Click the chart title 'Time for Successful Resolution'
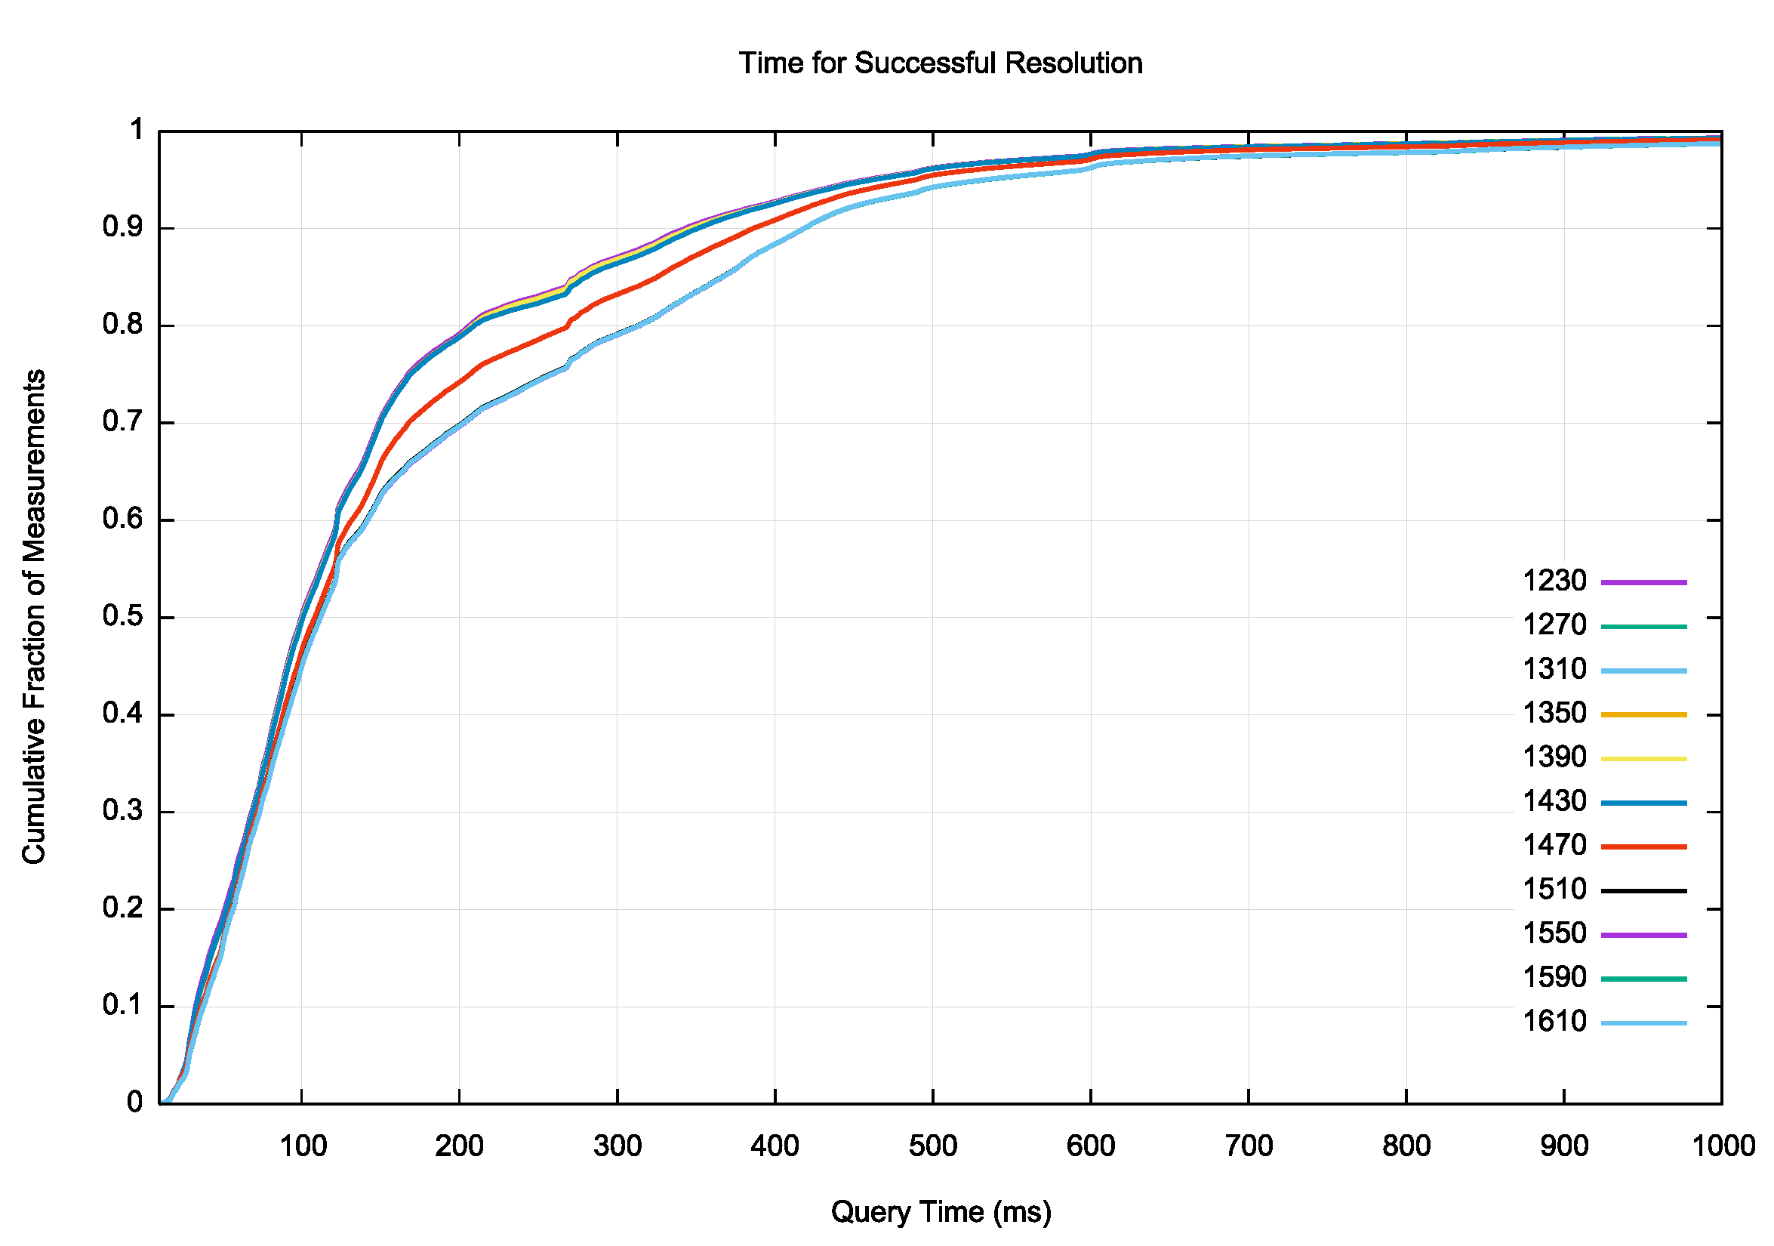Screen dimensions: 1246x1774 tap(941, 63)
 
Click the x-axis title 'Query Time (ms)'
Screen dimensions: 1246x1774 tap(941, 1211)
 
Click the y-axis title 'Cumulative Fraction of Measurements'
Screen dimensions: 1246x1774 tap(34, 616)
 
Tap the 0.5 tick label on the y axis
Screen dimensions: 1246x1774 tap(123, 617)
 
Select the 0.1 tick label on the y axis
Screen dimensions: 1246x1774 tap(123, 1006)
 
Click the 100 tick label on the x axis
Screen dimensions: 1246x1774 tap(302, 1146)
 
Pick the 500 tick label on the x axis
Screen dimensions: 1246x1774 tap(932, 1146)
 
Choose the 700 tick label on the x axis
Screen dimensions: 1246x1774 tap(1249, 1146)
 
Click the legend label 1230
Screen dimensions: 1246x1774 tap(1554, 581)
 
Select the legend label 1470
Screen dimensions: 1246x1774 tap(1554, 845)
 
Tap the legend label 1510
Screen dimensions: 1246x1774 tap(1554, 889)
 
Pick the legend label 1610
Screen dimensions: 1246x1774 tap(1554, 1021)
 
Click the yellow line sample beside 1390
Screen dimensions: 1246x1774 tap(1643, 759)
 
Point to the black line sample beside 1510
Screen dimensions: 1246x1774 tap(1643, 891)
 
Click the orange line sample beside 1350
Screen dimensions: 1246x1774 tap(1643, 715)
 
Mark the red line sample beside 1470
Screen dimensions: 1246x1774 tap(1643, 847)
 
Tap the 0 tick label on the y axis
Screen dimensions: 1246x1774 tap(134, 1103)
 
